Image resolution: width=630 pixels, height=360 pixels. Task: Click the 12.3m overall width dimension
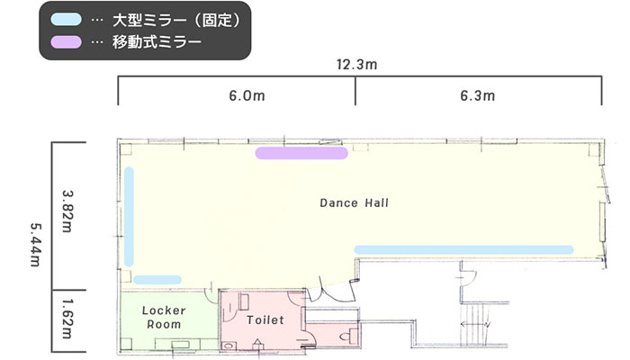click(356, 64)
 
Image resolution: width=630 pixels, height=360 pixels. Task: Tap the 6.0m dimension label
click(247, 95)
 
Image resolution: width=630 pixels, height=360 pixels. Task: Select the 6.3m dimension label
click(477, 95)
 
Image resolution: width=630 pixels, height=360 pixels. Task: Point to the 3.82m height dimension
click(67, 211)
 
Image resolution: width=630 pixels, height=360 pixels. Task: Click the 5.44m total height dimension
click(36, 245)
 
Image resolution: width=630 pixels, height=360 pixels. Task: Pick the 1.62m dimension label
click(67, 319)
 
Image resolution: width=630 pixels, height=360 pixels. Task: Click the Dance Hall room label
click(354, 202)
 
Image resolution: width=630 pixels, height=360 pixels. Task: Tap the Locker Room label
click(164, 318)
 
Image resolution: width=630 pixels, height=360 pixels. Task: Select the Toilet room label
click(265, 319)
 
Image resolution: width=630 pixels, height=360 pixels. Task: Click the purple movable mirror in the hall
click(301, 153)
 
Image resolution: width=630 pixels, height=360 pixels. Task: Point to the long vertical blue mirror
click(129, 217)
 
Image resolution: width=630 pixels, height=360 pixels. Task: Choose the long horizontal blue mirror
click(463, 250)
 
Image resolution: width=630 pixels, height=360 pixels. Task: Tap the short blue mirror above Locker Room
click(157, 280)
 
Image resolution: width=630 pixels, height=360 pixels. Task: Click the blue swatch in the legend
click(66, 20)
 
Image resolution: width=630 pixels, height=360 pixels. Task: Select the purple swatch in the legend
click(66, 41)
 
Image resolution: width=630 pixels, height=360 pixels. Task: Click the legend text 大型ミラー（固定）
click(176, 20)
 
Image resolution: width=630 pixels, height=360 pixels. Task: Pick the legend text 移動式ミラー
click(157, 42)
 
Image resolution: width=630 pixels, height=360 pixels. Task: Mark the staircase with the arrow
click(475, 324)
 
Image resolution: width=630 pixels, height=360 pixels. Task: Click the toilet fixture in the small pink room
click(349, 336)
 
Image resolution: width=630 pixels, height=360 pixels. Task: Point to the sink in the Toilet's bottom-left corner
click(229, 346)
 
